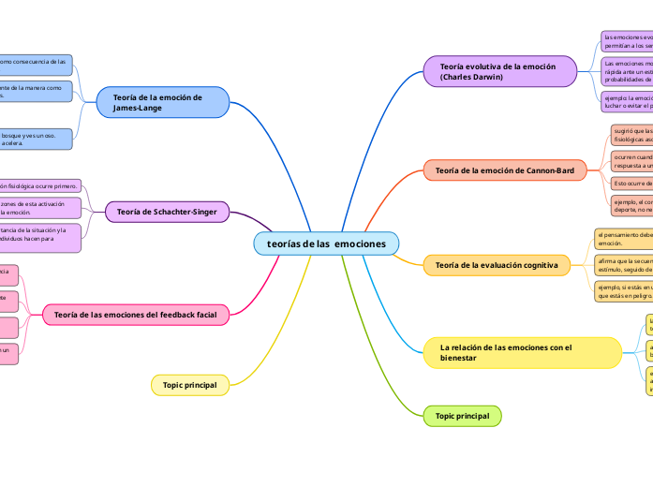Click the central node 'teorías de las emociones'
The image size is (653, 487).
[x=326, y=243]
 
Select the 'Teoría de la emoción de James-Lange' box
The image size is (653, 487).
[x=163, y=102]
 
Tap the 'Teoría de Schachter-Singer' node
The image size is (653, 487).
[x=167, y=213]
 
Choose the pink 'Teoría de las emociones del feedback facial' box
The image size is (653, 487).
[x=136, y=315]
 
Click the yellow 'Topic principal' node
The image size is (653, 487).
[x=189, y=385]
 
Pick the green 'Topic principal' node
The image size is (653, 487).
[x=462, y=416]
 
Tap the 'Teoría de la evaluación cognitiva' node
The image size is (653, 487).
[x=497, y=265]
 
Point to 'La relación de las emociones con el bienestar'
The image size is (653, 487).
[x=522, y=352]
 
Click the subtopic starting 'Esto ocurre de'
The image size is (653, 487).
[x=631, y=183]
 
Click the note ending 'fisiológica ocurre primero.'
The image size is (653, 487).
[x=40, y=185]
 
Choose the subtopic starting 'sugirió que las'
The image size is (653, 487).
[x=631, y=135]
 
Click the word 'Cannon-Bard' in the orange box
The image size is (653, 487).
[x=548, y=170]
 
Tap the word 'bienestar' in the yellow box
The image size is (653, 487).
[x=458, y=358]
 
